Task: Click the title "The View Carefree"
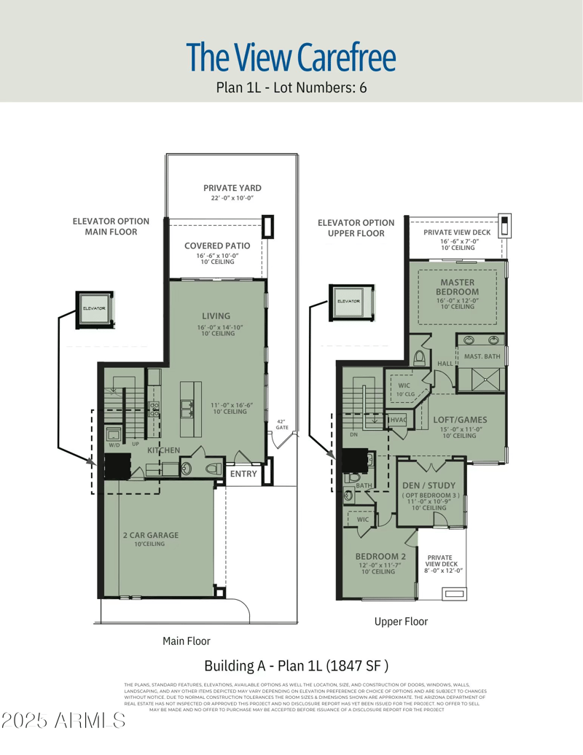[291, 57]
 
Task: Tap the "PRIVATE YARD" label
[232, 188]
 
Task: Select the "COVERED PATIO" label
[217, 246]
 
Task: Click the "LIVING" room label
[216, 316]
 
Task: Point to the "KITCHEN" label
[163, 451]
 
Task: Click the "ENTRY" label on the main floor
[243, 474]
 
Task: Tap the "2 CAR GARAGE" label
[151, 536]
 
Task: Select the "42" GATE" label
[282, 424]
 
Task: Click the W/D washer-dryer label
[114, 445]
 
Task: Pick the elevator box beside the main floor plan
[93, 308]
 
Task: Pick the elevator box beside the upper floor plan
[348, 302]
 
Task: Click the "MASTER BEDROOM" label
[457, 287]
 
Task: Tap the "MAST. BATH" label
[482, 356]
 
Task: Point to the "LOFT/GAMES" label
[460, 420]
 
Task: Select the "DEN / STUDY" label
[429, 485]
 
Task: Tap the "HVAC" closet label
[398, 420]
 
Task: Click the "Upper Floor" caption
[401, 622]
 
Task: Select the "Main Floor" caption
[186, 641]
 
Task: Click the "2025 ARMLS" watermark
[63, 721]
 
